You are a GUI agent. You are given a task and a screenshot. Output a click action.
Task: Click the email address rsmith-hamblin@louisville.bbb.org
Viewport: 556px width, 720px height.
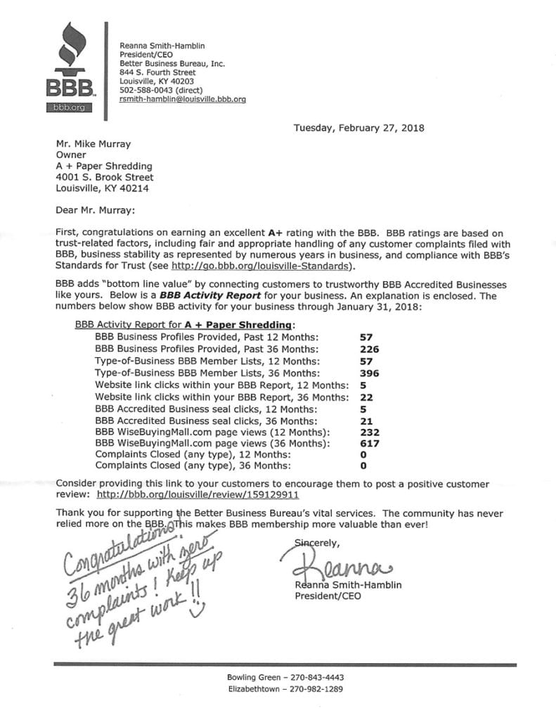[x=183, y=99]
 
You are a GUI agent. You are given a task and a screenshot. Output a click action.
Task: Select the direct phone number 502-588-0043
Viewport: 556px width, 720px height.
[x=146, y=90]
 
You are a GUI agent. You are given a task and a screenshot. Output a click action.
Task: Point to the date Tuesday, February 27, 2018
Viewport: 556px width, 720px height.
[x=358, y=128]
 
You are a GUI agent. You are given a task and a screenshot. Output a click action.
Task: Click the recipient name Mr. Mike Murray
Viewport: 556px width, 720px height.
[x=93, y=144]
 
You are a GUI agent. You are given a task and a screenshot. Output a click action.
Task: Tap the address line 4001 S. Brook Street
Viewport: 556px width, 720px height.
[x=104, y=177]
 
